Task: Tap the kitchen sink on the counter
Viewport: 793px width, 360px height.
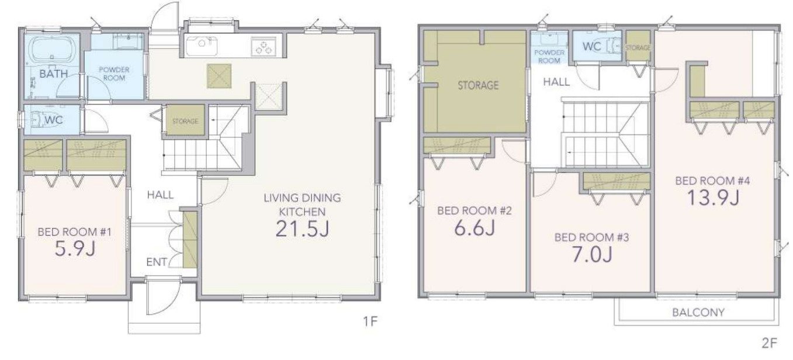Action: click(202, 46)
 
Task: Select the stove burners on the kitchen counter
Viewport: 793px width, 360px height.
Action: click(264, 47)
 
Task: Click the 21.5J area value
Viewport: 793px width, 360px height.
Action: click(302, 229)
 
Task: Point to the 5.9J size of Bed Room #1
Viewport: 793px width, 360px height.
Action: click(75, 248)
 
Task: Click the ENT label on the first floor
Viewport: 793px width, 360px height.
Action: click(157, 262)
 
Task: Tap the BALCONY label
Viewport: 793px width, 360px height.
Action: click(698, 312)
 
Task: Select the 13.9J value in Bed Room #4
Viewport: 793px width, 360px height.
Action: click(713, 198)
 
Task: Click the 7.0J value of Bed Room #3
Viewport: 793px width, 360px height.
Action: click(593, 254)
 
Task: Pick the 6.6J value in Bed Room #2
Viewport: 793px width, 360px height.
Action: click(475, 227)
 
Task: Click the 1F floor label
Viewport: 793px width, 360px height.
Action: click(370, 321)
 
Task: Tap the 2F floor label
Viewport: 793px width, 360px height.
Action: click(769, 343)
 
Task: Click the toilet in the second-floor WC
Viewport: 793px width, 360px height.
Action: click(614, 46)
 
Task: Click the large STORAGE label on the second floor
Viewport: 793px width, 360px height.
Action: click(478, 85)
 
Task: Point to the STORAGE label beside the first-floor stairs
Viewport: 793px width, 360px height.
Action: click(185, 121)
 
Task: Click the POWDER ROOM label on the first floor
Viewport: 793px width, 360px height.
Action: click(114, 74)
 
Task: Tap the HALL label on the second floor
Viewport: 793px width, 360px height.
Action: click(556, 82)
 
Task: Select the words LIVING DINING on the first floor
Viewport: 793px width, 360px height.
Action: click(302, 198)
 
